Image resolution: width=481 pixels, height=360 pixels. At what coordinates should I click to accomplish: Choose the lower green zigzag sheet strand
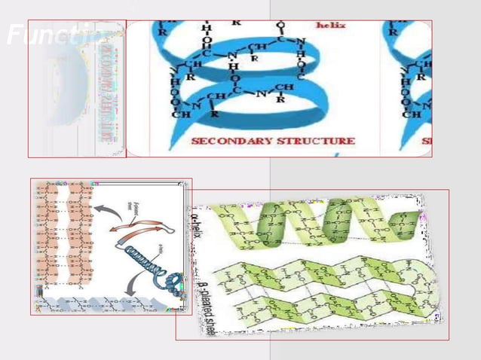tap(324, 305)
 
